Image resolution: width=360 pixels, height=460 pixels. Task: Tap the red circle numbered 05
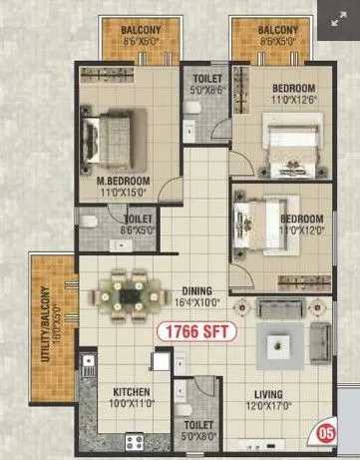coord(325,434)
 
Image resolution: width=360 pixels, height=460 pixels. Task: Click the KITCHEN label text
coord(131,391)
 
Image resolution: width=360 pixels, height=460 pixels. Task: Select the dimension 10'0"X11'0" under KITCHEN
coord(131,404)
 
